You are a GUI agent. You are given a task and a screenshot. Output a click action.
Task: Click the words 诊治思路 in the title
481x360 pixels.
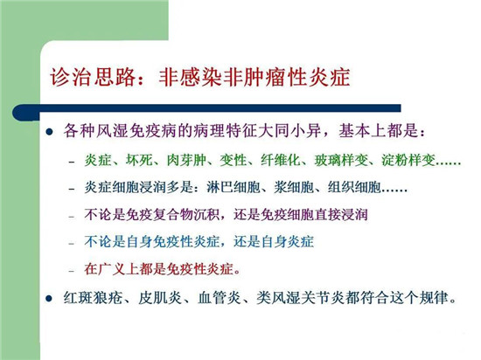coord(93,77)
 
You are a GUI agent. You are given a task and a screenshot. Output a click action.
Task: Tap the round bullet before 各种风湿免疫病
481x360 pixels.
coord(49,132)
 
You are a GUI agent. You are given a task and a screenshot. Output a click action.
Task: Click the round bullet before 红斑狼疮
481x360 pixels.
coord(49,299)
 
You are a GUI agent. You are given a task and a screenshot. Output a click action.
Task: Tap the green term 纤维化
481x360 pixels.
coord(281,160)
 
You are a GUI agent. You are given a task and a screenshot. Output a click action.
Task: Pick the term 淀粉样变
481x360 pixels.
coord(408,160)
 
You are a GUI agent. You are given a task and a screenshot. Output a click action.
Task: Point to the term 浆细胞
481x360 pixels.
coord(294,187)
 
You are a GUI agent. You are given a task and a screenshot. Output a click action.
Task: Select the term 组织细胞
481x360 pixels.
coord(354,187)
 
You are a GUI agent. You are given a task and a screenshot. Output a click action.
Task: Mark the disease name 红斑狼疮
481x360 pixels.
coord(93,298)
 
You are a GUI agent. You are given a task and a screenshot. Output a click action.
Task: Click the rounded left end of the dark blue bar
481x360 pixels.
coord(15,113)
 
